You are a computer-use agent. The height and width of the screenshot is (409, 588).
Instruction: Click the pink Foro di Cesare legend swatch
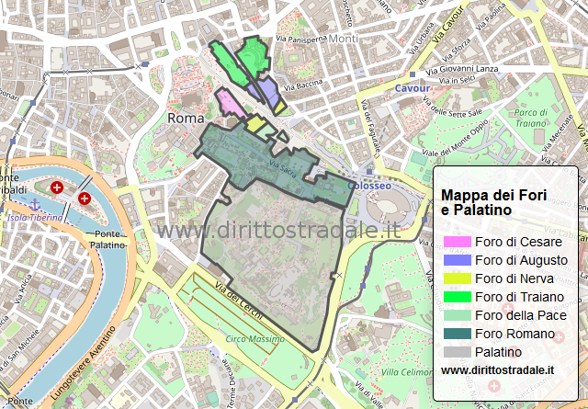pos(457,242)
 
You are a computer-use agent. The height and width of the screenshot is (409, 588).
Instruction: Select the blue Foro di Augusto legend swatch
pos(457,260)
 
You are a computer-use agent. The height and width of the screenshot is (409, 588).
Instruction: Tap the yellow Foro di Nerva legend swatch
pos(457,278)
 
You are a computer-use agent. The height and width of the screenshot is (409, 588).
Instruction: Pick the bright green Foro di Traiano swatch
pos(457,297)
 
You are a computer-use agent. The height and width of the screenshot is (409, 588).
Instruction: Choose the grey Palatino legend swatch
pos(457,352)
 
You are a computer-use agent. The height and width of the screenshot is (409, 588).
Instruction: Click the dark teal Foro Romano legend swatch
pos(457,334)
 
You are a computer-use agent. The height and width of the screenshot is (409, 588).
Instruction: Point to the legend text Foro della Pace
pos(520,315)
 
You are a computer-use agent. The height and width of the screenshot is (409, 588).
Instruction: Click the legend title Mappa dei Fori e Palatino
pos(493,202)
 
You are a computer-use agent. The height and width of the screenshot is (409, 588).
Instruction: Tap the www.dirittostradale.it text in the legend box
pos(497,369)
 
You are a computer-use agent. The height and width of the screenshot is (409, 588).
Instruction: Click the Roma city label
pos(185,119)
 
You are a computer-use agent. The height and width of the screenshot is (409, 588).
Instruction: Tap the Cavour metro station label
pos(412,88)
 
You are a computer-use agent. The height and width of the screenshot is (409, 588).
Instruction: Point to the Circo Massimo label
pos(254,339)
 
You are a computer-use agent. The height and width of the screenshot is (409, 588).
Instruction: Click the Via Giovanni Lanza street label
pos(461,67)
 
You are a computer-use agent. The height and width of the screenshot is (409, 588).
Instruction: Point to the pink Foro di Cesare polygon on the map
pos(231,103)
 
